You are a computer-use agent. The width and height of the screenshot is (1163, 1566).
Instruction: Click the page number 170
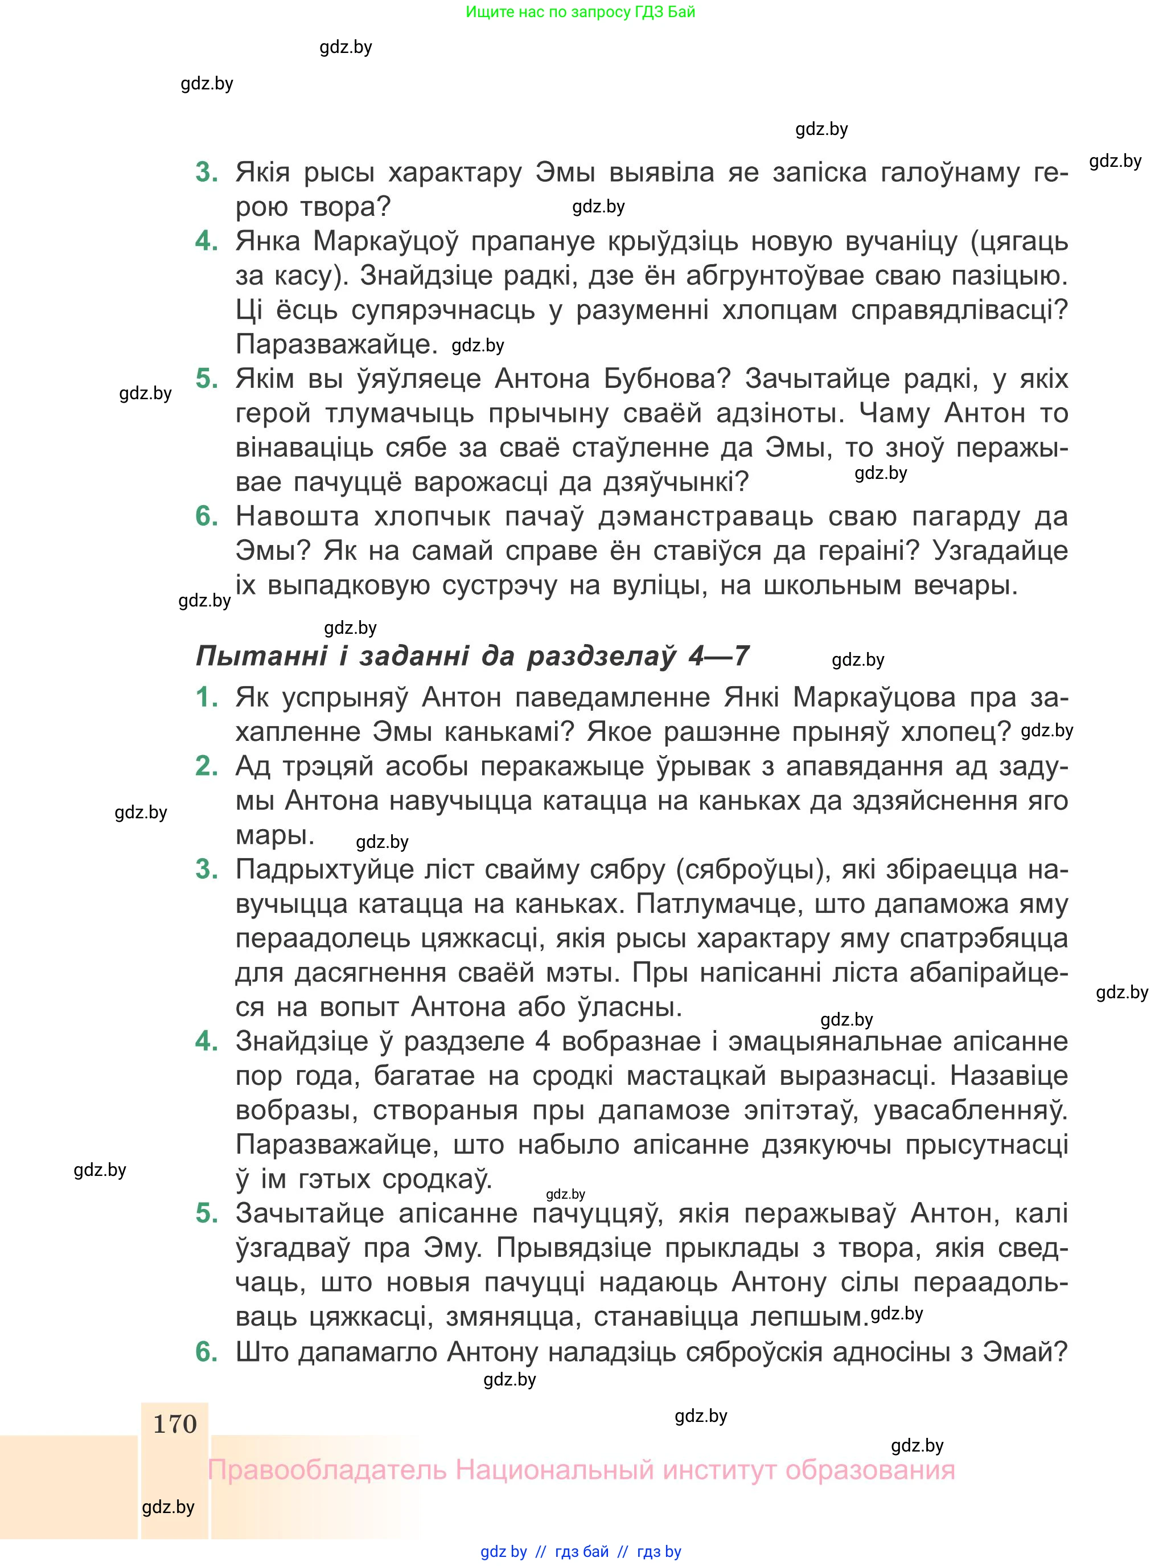click(175, 1424)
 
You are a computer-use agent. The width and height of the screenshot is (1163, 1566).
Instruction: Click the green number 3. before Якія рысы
click(206, 172)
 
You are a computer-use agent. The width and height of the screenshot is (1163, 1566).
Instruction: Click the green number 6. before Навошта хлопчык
click(206, 516)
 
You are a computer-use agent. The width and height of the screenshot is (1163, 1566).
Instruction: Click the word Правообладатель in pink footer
click(327, 1470)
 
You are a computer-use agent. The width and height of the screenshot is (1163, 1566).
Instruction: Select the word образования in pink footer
click(870, 1470)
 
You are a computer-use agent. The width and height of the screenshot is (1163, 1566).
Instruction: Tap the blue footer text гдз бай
click(582, 1551)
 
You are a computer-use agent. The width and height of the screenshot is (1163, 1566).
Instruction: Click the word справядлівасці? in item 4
click(960, 310)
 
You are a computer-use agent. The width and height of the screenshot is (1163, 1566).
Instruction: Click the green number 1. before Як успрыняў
click(206, 697)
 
